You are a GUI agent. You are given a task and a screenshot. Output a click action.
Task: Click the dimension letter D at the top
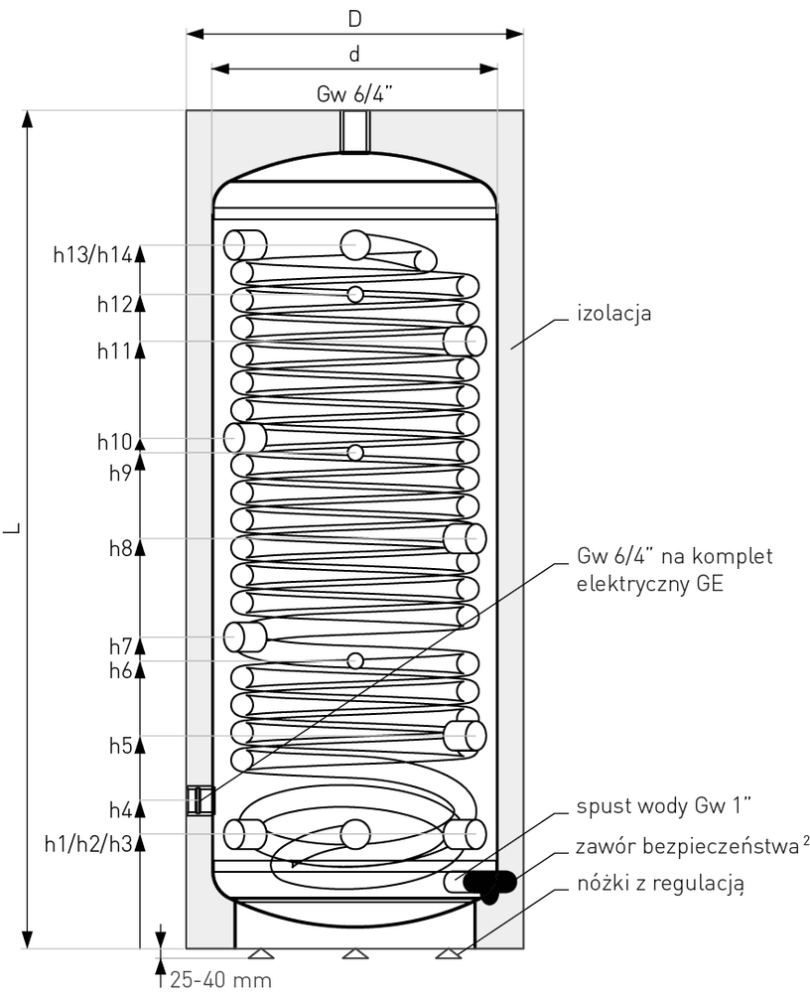point(354,19)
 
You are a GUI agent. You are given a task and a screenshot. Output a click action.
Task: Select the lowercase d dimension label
point(354,54)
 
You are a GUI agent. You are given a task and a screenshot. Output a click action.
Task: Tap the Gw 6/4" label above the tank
point(354,94)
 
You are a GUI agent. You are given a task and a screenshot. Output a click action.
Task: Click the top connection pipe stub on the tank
point(354,132)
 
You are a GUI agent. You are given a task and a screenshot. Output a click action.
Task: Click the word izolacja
point(613,313)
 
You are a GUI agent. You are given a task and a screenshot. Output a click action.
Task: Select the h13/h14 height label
point(92,255)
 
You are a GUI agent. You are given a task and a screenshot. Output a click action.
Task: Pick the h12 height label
point(114,305)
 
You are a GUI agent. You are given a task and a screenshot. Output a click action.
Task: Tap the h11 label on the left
point(114,351)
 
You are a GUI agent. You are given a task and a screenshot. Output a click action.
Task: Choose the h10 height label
point(114,442)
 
